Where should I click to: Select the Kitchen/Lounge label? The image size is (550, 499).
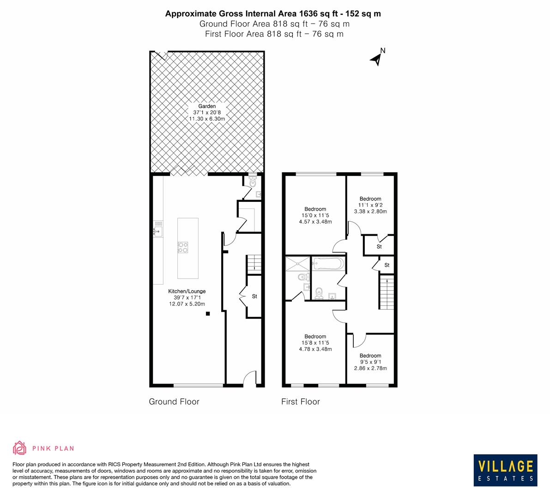click(x=187, y=292)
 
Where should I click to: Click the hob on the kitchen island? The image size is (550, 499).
click(x=183, y=247)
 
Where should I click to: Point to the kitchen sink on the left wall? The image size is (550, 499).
click(x=158, y=231)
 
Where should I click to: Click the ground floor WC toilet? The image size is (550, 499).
click(x=252, y=183)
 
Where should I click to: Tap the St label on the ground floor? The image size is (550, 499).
click(x=254, y=297)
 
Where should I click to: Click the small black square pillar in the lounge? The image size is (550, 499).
click(x=208, y=314)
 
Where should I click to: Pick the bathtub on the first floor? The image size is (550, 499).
click(x=328, y=264)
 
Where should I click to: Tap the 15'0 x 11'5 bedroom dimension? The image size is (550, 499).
click(x=315, y=215)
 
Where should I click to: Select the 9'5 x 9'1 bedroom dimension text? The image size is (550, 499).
click(x=370, y=362)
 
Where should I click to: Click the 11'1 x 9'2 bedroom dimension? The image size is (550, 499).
click(x=370, y=205)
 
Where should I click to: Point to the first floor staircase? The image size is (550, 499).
click(x=387, y=293)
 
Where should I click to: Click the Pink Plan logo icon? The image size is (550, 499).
click(x=19, y=448)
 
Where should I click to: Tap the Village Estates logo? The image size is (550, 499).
click(x=505, y=470)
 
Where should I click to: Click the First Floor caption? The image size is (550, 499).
click(x=301, y=402)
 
